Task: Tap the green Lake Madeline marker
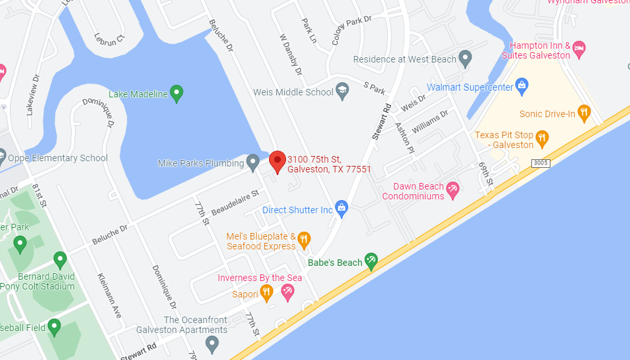176,94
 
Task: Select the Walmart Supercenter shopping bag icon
522,85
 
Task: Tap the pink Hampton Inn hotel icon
579,49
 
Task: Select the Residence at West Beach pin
466,59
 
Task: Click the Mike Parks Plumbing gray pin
253,163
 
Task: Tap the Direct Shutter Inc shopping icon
341,209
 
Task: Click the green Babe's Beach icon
372,261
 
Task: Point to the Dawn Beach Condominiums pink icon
452,191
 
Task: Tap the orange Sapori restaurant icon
266,293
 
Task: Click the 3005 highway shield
540,163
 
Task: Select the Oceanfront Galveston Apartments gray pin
212,342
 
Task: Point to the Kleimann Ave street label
109,295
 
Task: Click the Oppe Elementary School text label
57,158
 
